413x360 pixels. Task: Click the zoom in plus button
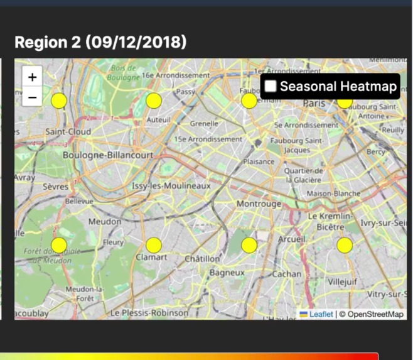click(x=33, y=77)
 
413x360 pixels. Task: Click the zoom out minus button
click(x=33, y=97)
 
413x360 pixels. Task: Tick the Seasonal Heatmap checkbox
click(x=271, y=87)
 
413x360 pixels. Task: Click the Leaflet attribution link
click(x=321, y=314)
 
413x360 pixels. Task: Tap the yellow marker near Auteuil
click(x=154, y=101)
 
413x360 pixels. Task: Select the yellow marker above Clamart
click(x=154, y=245)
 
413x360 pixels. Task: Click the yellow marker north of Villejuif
click(x=345, y=245)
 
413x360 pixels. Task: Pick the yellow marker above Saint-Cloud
click(x=59, y=101)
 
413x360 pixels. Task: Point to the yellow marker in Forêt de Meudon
click(x=59, y=245)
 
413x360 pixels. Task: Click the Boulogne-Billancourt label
click(x=107, y=155)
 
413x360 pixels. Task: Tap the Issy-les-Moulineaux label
click(x=171, y=186)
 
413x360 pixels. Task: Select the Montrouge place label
click(x=259, y=204)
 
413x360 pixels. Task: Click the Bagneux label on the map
click(x=227, y=273)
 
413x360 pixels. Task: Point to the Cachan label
click(x=286, y=274)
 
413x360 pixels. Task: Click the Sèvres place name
click(x=56, y=187)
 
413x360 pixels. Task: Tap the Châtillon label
click(x=202, y=258)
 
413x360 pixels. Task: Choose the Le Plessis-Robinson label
click(x=149, y=312)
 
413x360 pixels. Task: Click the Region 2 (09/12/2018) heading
click(x=100, y=43)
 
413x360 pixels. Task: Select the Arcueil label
click(x=292, y=239)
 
